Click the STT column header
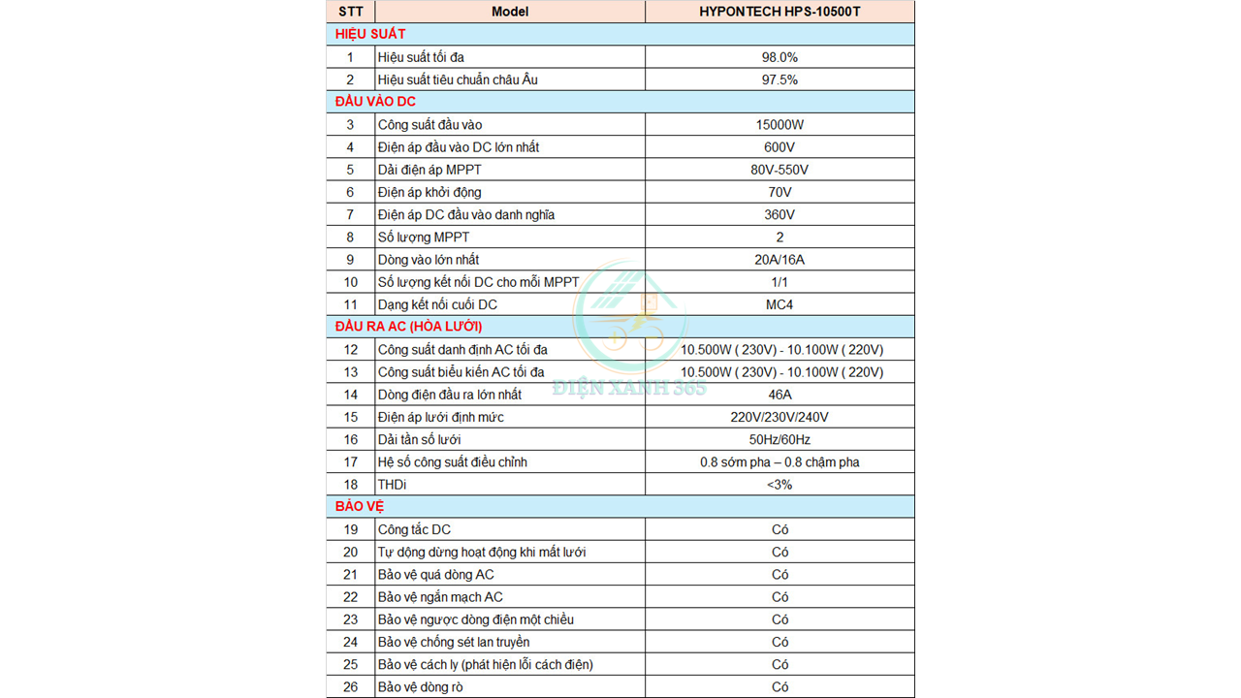coord(350,12)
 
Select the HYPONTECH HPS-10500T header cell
coord(780,12)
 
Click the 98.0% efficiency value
coord(780,57)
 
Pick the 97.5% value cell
coord(780,79)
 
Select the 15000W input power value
coord(780,124)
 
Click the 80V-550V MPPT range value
coord(780,170)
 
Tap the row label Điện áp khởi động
coord(430,192)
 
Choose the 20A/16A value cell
coord(780,260)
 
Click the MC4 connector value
coord(780,304)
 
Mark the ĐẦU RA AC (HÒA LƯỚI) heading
coord(409,327)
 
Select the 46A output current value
coord(780,395)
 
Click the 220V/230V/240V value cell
coord(780,417)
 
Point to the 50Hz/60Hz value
coord(780,439)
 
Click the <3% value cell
coord(780,484)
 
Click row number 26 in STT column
coord(350,687)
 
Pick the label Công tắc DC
coord(414,529)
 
